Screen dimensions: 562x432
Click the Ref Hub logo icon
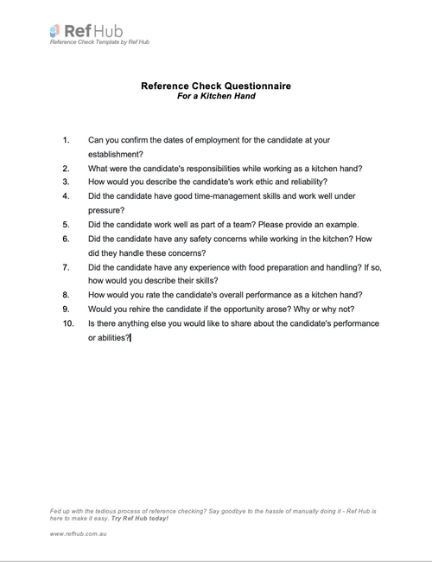[x=55, y=31]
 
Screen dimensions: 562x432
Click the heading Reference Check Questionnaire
[x=215, y=86]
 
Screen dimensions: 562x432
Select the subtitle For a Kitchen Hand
[x=215, y=96]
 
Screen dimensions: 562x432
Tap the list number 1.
[x=67, y=139]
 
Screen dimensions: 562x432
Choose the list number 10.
[x=68, y=323]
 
